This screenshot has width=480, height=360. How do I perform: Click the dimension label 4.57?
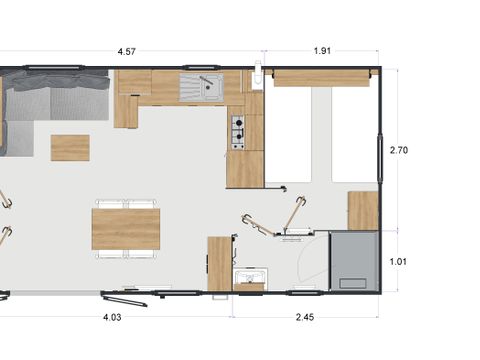pos(127,51)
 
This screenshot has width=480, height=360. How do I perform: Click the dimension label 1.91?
pos(322,51)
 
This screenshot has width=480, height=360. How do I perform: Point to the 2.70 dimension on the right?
pos(398,150)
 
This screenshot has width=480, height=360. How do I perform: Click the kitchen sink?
pos(202,88)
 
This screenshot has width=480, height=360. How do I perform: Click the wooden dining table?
pos(126,228)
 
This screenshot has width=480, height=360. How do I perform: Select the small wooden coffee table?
pos(70,147)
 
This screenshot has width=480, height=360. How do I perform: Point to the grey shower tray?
pos(354,259)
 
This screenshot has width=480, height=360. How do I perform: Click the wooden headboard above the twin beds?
pos(321,78)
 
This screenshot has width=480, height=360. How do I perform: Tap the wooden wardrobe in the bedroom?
pos(362,210)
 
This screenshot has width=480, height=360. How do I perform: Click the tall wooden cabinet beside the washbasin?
pos(219,263)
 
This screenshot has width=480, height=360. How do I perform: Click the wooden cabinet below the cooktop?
pos(244,169)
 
